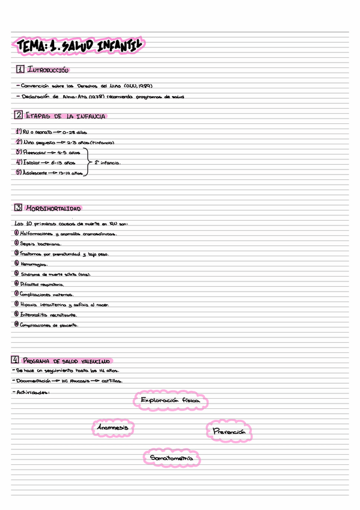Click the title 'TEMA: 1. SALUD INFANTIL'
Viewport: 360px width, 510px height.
[x=79, y=45]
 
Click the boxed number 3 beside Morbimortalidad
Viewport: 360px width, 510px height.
[x=19, y=207]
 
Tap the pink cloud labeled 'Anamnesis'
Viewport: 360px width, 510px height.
[x=112, y=427]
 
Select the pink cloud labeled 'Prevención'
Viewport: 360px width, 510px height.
[x=230, y=432]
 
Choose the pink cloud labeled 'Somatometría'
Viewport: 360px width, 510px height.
[x=172, y=458]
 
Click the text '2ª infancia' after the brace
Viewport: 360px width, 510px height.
[x=108, y=162]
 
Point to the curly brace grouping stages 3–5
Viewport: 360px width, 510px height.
[x=88, y=162]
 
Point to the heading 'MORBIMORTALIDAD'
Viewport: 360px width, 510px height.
[x=53, y=208]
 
